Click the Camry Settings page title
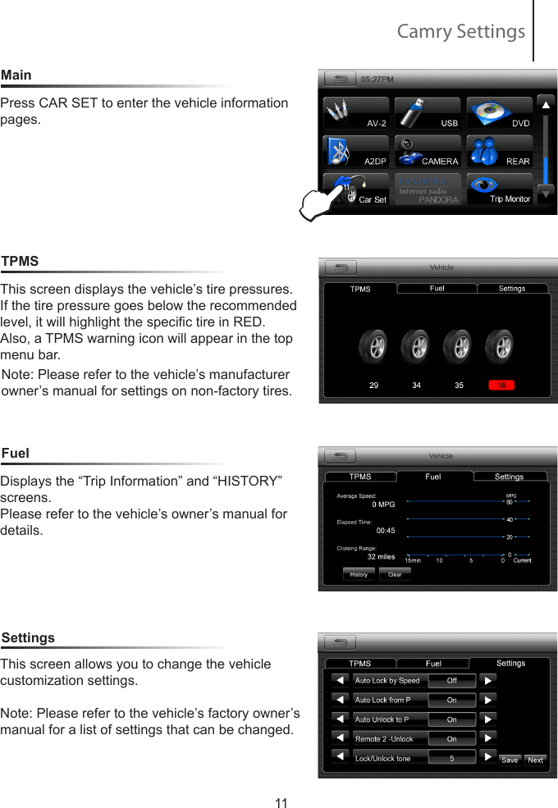point(460,31)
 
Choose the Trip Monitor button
point(499,189)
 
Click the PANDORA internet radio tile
point(427,189)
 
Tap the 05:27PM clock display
point(377,80)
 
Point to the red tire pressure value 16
point(500,385)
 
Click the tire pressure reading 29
point(374,385)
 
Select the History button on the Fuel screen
point(359,574)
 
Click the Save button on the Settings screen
point(510,760)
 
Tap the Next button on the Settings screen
point(535,760)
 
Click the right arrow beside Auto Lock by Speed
point(487,680)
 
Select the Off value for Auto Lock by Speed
point(451,680)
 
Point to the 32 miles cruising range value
point(380,556)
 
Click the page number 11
point(281,803)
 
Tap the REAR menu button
point(499,152)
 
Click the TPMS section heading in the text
point(20,261)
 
